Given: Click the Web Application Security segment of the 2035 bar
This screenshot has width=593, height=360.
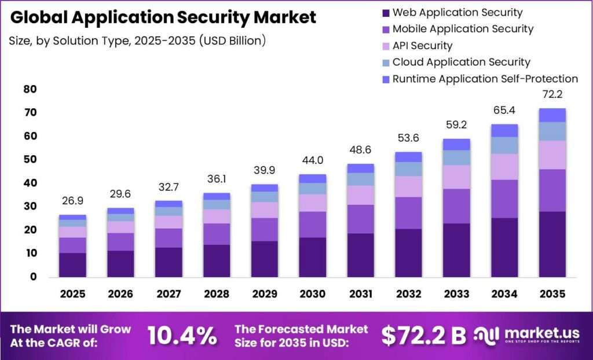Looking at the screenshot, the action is click(552, 244).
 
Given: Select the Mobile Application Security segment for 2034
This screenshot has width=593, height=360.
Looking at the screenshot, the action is click(504, 199).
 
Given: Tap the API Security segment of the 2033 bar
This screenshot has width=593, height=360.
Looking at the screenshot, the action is click(456, 177).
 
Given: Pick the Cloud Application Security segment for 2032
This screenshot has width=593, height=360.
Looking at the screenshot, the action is click(408, 169).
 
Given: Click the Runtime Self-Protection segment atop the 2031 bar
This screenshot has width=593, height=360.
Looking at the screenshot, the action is click(361, 168).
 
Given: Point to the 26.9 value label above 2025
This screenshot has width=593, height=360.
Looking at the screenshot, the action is click(72, 201).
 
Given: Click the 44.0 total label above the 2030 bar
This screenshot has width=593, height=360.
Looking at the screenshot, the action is click(313, 160).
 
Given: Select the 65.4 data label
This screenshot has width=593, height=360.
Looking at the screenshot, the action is click(504, 111).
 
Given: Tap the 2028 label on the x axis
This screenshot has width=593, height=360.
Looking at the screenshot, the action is click(217, 294).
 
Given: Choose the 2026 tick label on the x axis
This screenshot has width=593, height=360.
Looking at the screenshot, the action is click(120, 294).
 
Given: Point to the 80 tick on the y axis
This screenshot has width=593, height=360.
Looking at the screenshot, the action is click(30, 89).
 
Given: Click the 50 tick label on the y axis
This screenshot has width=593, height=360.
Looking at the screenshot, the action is click(30, 159).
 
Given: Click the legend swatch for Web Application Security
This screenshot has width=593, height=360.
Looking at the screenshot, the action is click(386, 13).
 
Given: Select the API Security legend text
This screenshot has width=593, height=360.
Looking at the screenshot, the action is click(422, 46).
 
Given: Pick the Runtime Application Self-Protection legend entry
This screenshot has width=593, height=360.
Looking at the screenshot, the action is click(480, 79).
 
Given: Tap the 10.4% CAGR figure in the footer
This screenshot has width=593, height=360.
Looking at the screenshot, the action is click(182, 336).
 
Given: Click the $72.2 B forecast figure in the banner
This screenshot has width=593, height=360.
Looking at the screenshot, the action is click(423, 336).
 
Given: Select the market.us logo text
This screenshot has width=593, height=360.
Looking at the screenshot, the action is click(542, 333).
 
